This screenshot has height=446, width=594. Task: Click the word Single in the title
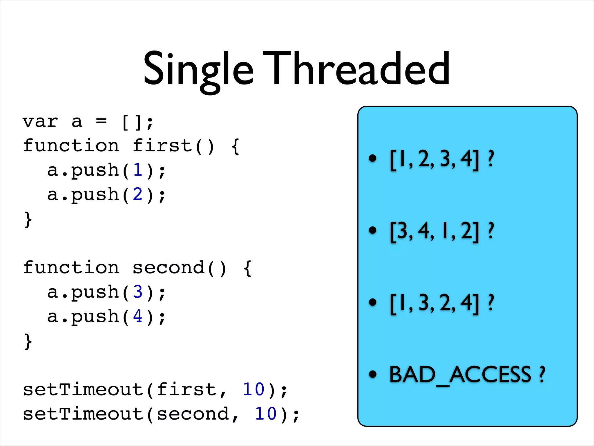[x=198, y=70]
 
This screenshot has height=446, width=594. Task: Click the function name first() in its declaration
[x=173, y=146]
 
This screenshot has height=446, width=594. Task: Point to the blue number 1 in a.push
[x=138, y=170]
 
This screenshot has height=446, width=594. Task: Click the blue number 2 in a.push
[x=138, y=195]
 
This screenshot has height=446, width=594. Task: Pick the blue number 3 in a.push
[x=138, y=292]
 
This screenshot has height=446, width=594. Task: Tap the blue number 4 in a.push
[x=138, y=316]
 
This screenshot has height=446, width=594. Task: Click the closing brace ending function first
[x=28, y=220]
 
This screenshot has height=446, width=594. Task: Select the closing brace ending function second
[x=28, y=341]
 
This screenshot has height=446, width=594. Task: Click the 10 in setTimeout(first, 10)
[x=253, y=390]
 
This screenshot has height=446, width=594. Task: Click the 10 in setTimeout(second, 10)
[x=266, y=414]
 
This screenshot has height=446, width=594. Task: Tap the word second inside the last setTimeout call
[x=193, y=414]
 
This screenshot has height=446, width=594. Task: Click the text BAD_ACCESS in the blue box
[x=460, y=375]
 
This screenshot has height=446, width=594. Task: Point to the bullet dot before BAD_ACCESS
[x=372, y=375]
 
